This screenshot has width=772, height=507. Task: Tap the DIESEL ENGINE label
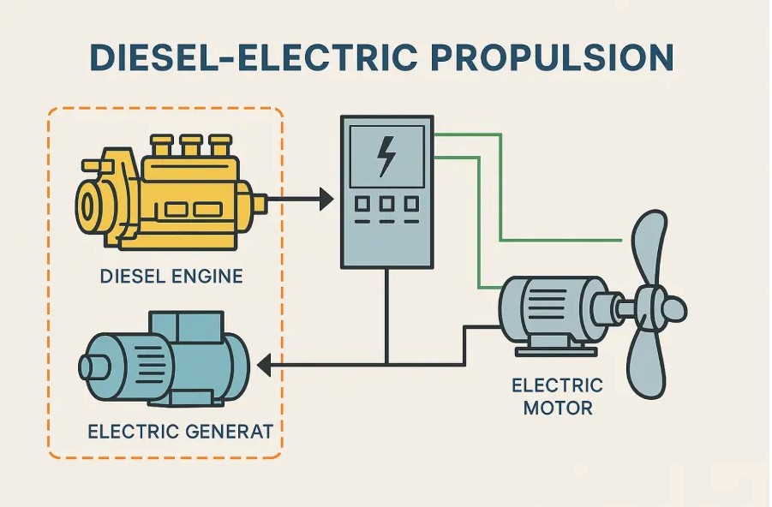(x=171, y=277)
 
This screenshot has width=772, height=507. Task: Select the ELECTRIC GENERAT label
(x=180, y=431)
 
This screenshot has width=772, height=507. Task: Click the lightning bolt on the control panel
(x=386, y=157)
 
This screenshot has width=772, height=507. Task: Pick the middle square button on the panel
(x=386, y=204)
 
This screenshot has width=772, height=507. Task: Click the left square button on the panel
(x=362, y=204)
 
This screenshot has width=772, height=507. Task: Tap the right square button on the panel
(x=411, y=204)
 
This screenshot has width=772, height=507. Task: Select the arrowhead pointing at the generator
(x=265, y=367)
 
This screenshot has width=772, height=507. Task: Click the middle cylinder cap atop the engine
(x=190, y=144)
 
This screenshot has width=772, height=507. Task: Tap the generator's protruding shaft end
(x=88, y=367)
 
